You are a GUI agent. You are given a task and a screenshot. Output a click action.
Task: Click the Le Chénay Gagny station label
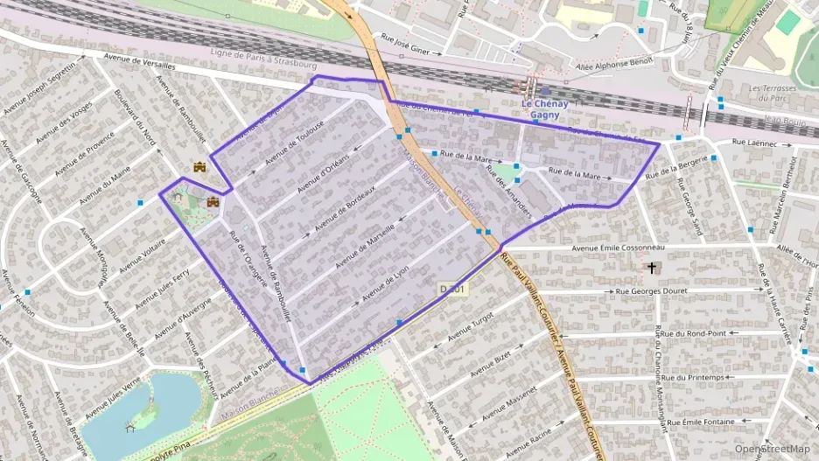(544, 108)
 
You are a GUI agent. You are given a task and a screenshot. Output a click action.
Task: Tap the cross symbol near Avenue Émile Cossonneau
(651, 267)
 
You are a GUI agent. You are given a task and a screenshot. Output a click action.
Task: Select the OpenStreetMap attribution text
(772, 449)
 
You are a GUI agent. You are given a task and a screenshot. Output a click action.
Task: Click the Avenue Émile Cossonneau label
(618, 248)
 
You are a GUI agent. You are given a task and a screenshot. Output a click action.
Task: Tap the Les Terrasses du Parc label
(773, 94)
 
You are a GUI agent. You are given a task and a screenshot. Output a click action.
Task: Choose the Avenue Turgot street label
(471, 325)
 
